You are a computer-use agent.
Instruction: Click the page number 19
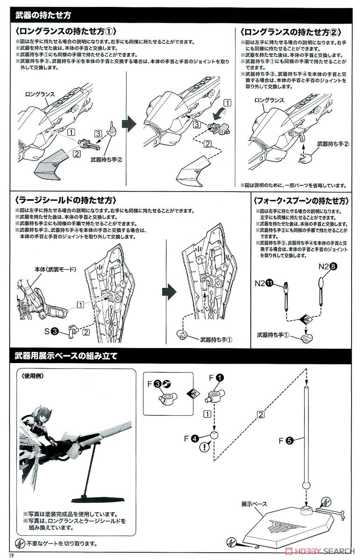tap(5, 555)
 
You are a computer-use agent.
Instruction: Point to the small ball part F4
tap(214, 435)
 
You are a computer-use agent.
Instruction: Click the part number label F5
tap(286, 440)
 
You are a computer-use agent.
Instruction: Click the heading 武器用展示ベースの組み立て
tap(65, 356)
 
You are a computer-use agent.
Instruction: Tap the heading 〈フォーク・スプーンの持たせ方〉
tap(301, 201)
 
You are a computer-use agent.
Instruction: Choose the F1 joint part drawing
tap(215, 396)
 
